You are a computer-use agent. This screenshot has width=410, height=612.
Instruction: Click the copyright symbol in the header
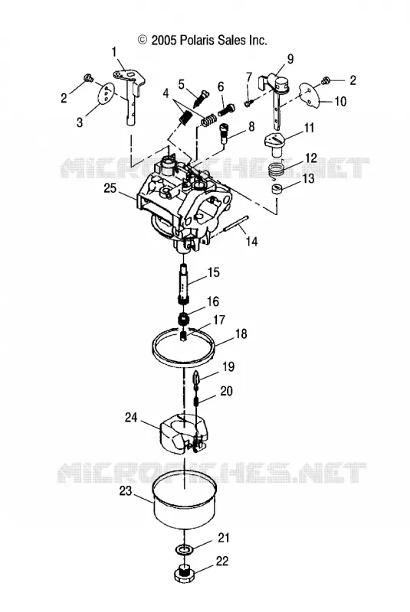coord(143,40)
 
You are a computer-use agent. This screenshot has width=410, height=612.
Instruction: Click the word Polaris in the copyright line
coord(197,40)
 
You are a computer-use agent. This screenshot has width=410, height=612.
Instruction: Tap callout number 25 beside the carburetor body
coord(110,187)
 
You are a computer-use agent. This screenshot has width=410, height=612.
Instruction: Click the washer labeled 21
coord(184,550)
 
